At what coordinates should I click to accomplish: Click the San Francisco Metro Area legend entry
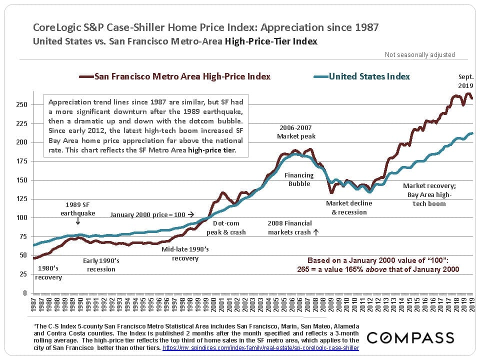pos(175,76)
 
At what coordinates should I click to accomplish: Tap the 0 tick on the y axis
pos(24,293)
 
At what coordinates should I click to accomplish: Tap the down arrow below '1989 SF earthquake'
pos(77,221)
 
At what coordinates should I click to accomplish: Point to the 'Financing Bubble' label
pos(299,179)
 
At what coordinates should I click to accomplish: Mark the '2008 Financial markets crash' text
pos(292,227)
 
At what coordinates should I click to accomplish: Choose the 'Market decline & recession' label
pos(348,207)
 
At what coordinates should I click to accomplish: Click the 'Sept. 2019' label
pos(465,82)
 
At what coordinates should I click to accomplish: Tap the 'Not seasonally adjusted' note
pos(419,55)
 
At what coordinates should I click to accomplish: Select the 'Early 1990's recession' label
pos(100,265)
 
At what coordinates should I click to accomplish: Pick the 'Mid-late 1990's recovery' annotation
pos(185,253)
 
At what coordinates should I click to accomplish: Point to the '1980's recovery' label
pos(49,273)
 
